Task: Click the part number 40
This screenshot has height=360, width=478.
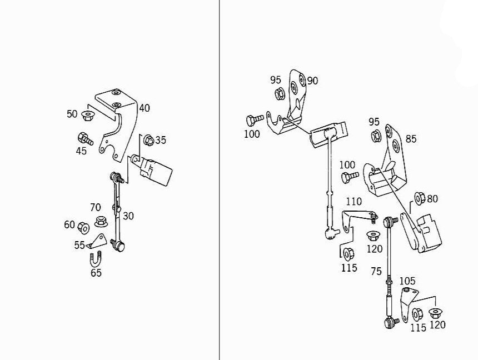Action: coord(145,108)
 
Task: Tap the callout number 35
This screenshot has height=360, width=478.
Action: coord(161,140)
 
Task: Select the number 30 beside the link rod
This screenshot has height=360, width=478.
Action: coord(128,216)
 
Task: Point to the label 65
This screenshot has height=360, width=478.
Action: coord(96,273)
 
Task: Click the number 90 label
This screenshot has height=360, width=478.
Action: coord(312,81)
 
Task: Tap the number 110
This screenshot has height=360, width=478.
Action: coord(353,202)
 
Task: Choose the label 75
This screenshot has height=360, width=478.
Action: coord(376,272)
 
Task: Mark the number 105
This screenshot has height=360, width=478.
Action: coord(407,282)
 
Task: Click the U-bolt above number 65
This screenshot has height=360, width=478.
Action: coord(95,258)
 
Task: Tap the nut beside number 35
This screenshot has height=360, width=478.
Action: coord(148,139)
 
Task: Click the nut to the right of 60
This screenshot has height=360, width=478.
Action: coord(83,227)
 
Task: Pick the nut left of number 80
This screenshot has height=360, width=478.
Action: coord(420,197)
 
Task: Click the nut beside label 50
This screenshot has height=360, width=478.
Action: coord(87,116)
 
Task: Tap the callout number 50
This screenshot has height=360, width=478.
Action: coord(72,113)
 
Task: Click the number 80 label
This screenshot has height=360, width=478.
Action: coord(432,198)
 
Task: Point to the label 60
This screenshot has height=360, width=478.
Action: coord(69,224)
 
